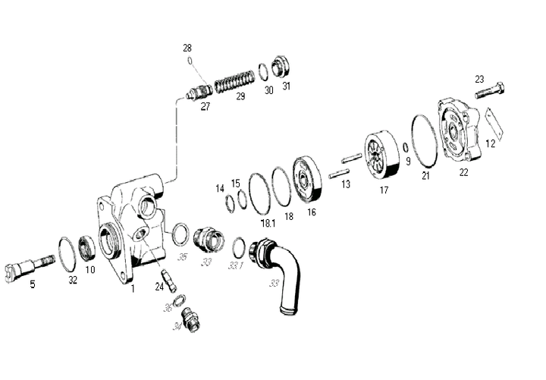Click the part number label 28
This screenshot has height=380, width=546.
pyautogui.click(x=187, y=48)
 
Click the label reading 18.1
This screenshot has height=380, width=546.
pyautogui.click(x=267, y=224)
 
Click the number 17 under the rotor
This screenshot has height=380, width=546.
pyautogui.click(x=384, y=190)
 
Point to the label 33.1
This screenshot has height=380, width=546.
pyautogui.click(x=235, y=265)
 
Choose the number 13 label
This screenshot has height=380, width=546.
pyautogui.click(x=345, y=184)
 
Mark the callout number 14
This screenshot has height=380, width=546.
pyautogui.click(x=219, y=187)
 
